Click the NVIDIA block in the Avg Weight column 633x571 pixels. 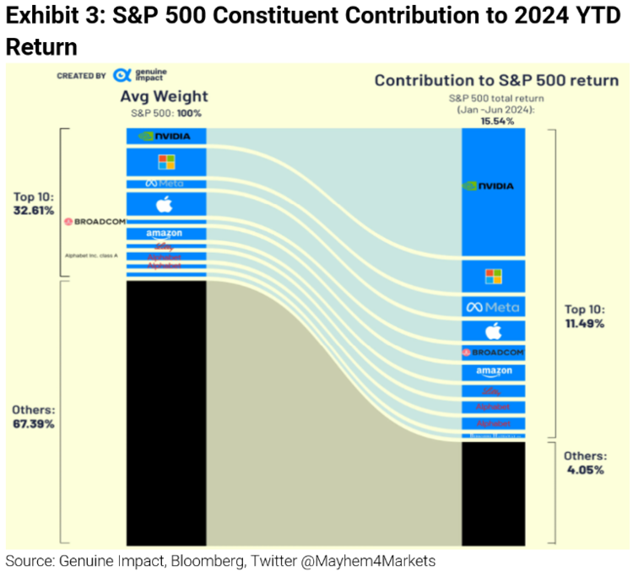click(165, 136)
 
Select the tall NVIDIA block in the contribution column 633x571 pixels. click(494, 186)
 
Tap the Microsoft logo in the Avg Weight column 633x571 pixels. click(165, 161)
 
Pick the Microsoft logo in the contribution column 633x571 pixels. click(494, 276)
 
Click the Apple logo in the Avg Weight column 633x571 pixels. click(165, 204)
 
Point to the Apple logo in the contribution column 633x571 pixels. click(494, 331)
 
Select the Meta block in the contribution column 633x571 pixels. click(494, 307)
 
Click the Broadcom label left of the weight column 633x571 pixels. click(95, 222)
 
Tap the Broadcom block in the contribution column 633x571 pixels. click(494, 352)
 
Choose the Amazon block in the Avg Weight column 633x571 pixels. click(165, 233)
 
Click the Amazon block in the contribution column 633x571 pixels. click(494, 372)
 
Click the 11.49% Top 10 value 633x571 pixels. click(584, 324)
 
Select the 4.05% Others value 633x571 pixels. click(584, 470)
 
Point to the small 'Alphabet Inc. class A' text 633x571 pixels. click(92, 254)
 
